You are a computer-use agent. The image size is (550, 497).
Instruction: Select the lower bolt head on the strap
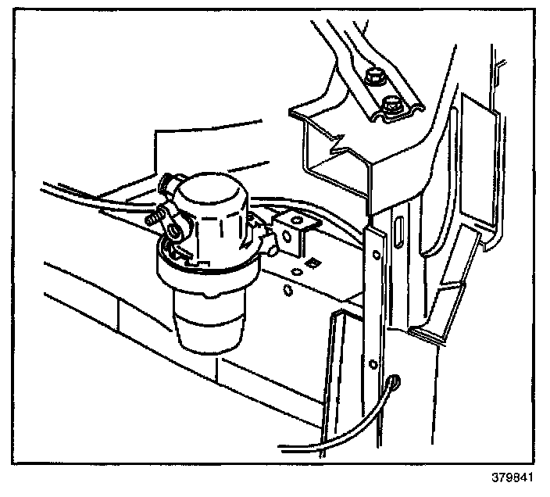tap(391, 104)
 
